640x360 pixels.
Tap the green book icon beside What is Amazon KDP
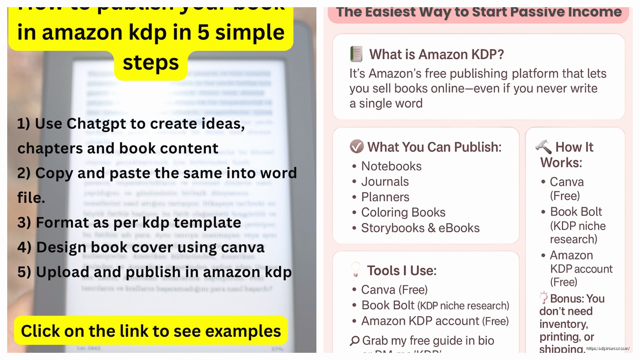356,54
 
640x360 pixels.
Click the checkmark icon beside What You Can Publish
356,147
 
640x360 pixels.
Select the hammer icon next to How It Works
543,147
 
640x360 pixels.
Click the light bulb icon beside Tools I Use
355,269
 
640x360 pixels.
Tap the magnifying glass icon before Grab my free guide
354,341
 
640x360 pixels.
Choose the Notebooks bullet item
391,166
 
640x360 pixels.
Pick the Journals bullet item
385,182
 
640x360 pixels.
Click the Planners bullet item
385,197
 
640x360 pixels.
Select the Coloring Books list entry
403,213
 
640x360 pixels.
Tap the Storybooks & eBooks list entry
420,228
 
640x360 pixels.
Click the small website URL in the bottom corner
608,349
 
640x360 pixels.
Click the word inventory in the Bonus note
564,324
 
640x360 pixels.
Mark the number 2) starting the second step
24,174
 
